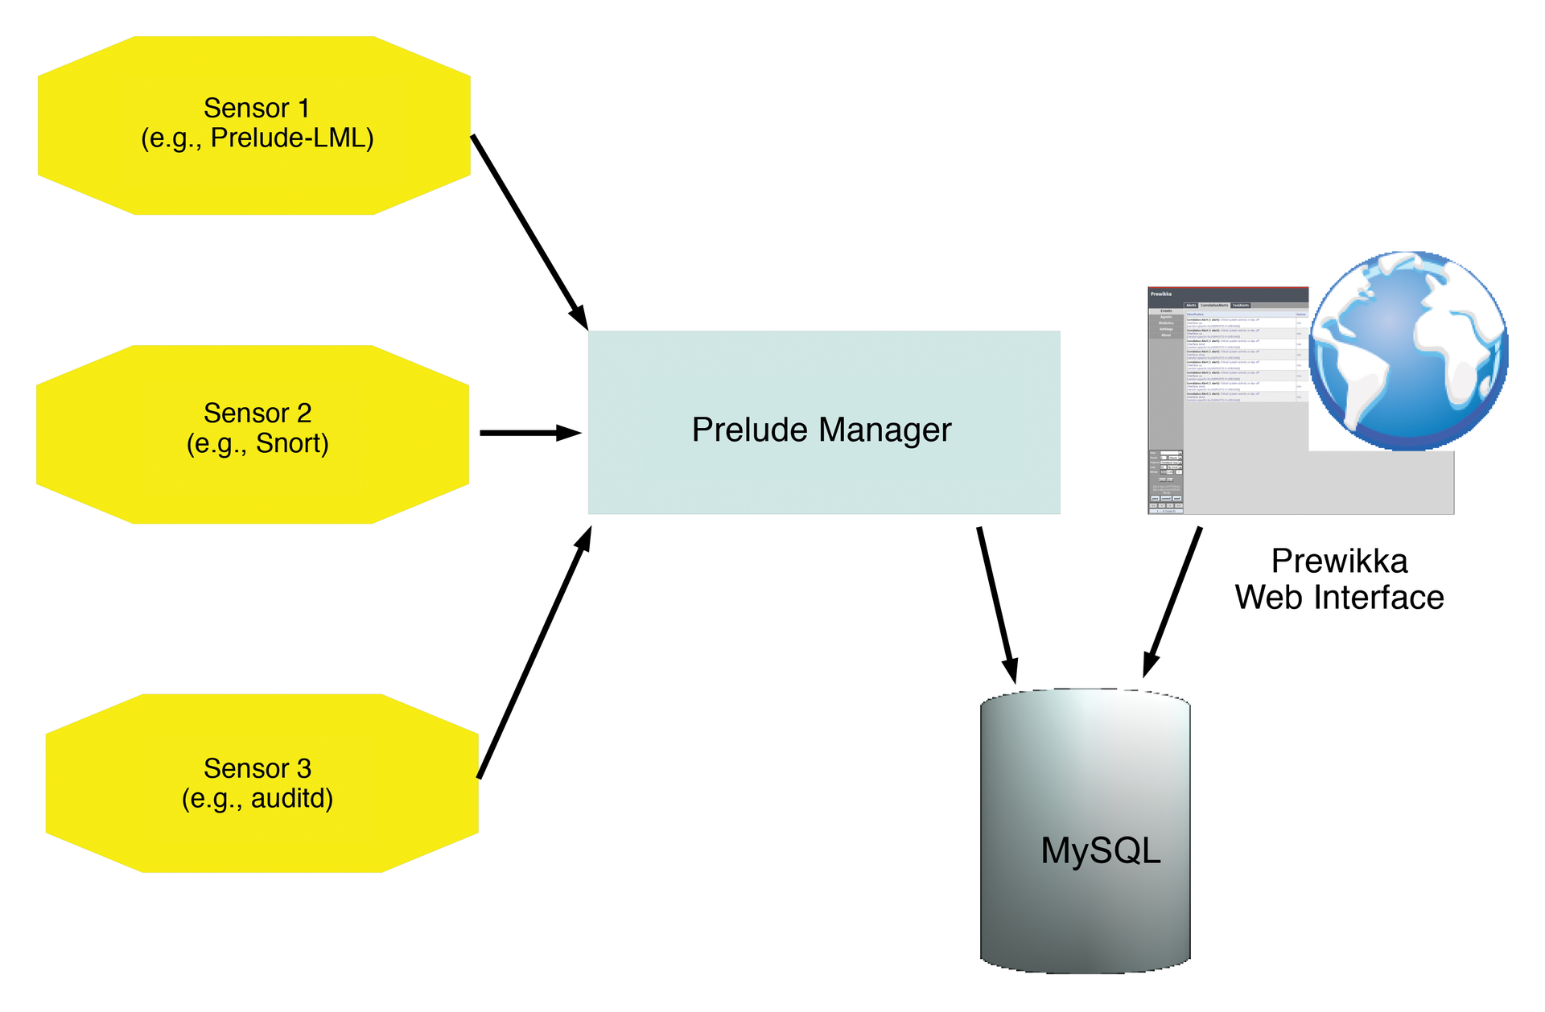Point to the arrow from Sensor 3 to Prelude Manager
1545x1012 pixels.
pyautogui.click(x=535, y=652)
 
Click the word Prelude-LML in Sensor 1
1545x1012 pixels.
pyautogui.click(x=292, y=138)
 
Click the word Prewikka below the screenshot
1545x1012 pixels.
pyautogui.click(x=1339, y=562)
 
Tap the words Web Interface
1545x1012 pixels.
pyautogui.click(x=1339, y=598)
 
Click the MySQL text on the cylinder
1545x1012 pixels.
pyautogui.click(x=1100, y=851)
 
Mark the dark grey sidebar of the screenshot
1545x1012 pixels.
pyautogui.click(x=1165, y=386)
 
